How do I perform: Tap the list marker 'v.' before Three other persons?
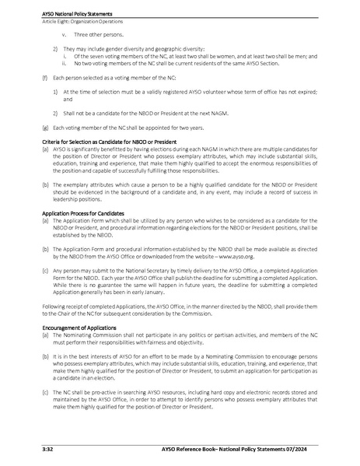point(64,35)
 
